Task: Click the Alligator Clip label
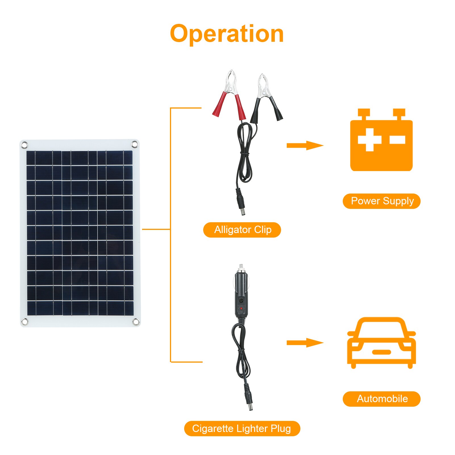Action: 242,230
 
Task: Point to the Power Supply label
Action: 381,201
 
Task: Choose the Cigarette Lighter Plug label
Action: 242,428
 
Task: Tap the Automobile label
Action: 381,399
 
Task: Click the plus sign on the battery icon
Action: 369,140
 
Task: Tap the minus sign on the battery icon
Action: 397,140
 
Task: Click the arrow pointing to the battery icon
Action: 305,146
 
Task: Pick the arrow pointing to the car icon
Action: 305,343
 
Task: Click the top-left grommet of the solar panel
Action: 24,145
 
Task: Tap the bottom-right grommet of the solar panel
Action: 136,321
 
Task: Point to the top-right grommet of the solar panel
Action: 135,144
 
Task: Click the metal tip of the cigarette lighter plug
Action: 241,267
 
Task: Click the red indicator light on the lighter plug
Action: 241,308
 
